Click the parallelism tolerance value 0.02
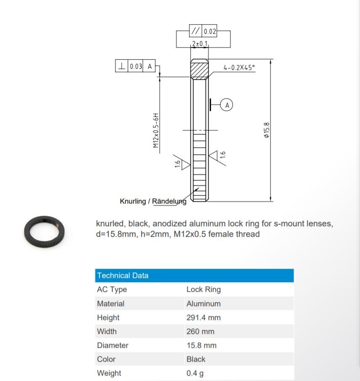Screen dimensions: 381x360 click(210, 32)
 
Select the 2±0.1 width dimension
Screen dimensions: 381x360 click(200, 44)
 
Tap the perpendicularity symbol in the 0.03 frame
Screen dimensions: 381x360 click(122, 66)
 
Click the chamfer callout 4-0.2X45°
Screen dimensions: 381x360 click(239, 68)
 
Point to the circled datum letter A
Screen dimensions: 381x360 click(227, 105)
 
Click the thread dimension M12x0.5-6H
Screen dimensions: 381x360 click(156, 130)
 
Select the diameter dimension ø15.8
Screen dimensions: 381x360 click(266, 130)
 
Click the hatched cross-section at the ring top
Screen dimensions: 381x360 click(200, 69)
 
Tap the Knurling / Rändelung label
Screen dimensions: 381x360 click(152, 201)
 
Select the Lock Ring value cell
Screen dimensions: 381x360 click(203, 289)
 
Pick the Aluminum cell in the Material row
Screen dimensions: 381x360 click(203, 304)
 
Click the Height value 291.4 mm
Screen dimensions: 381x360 click(203, 317)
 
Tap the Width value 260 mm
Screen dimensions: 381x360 click(200, 331)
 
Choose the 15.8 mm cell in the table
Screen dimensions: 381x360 click(201, 345)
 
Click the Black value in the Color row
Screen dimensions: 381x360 click(196, 359)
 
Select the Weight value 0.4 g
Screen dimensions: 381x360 click(195, 373)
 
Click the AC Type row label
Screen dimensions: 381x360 click(112, 289)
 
